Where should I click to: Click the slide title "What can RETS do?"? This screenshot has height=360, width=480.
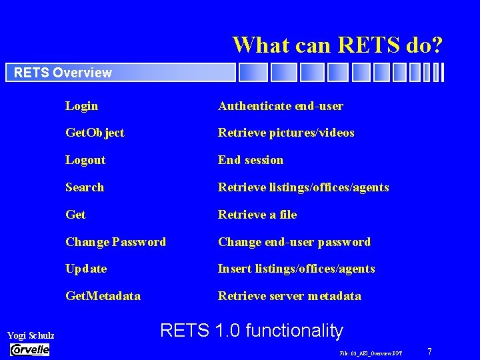(337, 45)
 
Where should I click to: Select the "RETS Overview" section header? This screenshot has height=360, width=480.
(63, 73)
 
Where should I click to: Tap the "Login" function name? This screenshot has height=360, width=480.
(81, 106)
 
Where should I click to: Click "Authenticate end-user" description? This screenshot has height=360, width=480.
(280, 106)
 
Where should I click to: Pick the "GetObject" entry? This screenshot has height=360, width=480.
(95, 133)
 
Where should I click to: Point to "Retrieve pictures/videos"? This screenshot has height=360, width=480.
(286, 133)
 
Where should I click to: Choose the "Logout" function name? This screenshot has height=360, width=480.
(85, 160)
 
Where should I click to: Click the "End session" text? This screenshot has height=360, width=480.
(251, 160)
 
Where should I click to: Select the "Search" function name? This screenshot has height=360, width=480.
(85, 187)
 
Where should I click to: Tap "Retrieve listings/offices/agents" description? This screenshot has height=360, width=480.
(303, 187)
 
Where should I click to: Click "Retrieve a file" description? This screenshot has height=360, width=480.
(257, 215)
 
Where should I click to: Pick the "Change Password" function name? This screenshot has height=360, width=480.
(115, 242)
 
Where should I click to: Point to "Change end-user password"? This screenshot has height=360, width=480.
(294, 242)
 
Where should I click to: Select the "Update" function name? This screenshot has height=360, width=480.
(86, 269)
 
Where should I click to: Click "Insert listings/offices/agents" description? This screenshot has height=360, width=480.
(296, 269)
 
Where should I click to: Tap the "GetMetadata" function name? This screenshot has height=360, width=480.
(103, 296)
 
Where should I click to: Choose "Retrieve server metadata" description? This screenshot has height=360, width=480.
(289, 296)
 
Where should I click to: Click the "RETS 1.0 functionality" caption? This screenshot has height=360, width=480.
(252, 331)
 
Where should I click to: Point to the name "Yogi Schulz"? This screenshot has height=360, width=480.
(31, 335)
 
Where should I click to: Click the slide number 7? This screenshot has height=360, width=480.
(430, 351)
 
